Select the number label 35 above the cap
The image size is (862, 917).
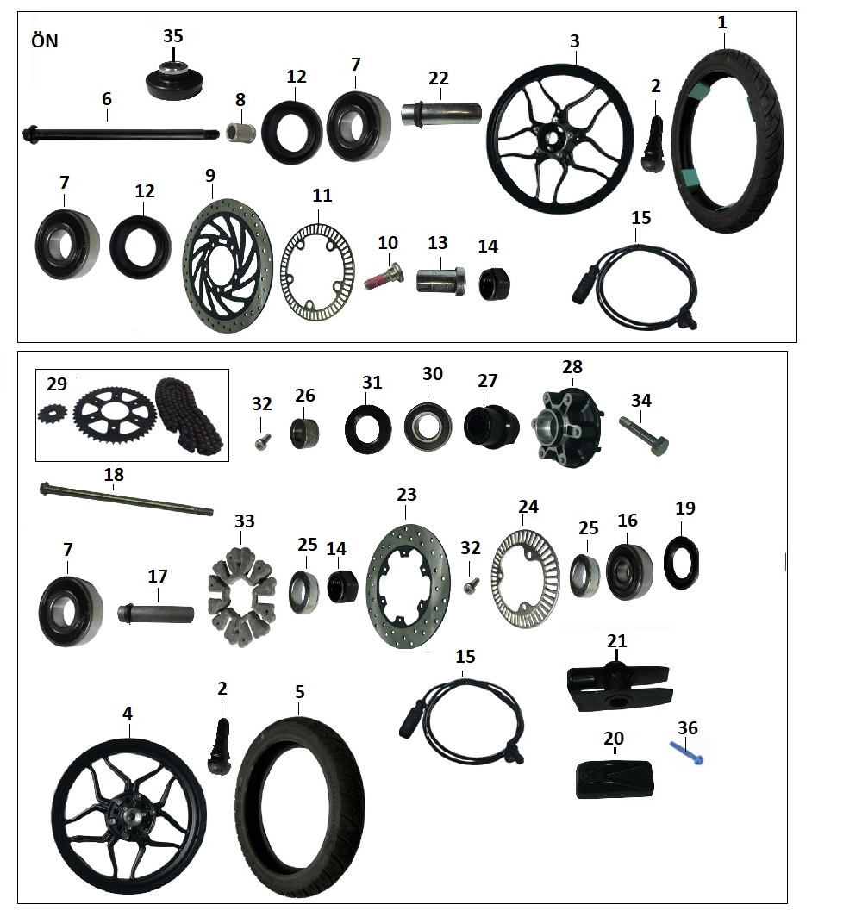point(173,36)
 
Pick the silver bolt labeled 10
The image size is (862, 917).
point(382,277)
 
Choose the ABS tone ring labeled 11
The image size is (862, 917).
point(320,266)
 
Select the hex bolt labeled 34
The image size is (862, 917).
point(643,434)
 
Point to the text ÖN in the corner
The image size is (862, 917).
point(44,41)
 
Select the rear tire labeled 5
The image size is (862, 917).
point(299,802)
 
